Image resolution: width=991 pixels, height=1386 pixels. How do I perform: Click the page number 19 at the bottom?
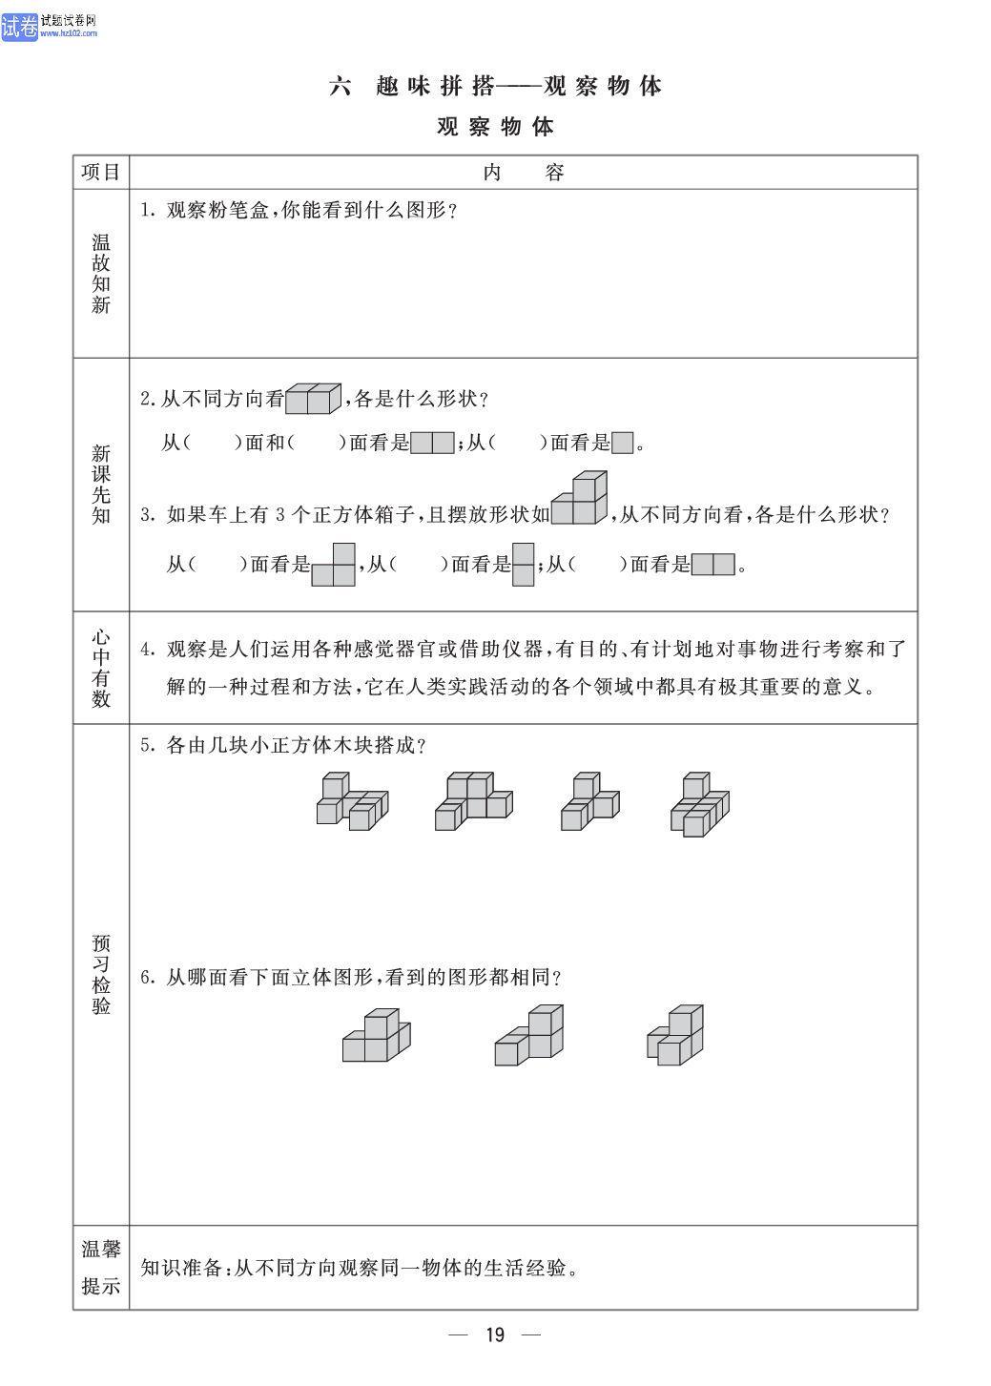tap(495, 1334)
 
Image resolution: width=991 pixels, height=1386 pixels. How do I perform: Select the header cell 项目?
tap(101, 172)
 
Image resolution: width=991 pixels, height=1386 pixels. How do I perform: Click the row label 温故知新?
tap(101, 274)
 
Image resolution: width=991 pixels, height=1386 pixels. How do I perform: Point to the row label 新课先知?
tap(101, 485)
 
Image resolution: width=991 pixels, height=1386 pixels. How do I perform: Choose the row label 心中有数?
tap(101, 668)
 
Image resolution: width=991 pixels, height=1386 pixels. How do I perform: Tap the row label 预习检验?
tap(101, 975)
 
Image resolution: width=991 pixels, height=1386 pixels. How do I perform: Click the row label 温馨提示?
tap(101, 1268)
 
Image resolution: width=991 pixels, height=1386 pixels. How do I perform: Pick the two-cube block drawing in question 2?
tap(313, 399)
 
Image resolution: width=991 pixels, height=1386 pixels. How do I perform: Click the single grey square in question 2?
tap(622, 443)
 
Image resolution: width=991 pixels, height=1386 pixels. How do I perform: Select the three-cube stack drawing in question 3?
tap(579, 498)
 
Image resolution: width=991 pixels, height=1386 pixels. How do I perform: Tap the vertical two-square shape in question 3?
tap(524, 565)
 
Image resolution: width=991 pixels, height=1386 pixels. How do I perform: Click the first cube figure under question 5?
tap(353, 801)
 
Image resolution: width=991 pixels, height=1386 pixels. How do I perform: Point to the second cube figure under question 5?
tap(474, 801)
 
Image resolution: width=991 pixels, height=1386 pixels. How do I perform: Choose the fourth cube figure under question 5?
tap(700, 804)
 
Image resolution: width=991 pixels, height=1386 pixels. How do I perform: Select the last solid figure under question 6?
tap(675, 1035)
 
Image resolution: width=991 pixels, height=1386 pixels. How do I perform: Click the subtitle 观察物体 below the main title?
tap(496, 126)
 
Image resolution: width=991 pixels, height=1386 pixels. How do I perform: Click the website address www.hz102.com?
tap(68, 33)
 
